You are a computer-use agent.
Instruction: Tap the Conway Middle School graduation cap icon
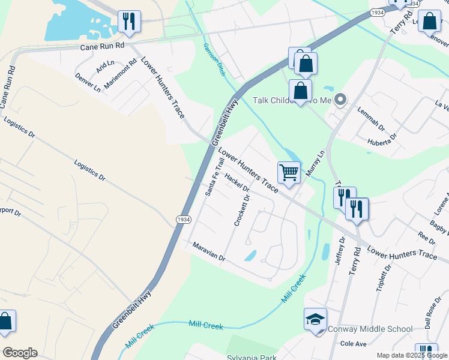pos(315,320)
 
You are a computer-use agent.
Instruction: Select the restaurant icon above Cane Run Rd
pos(129,22)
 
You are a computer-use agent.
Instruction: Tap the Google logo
pos(20,353)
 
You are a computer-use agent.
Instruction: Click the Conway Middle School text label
pos(370,329)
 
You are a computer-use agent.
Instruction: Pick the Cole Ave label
pos(353,344)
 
